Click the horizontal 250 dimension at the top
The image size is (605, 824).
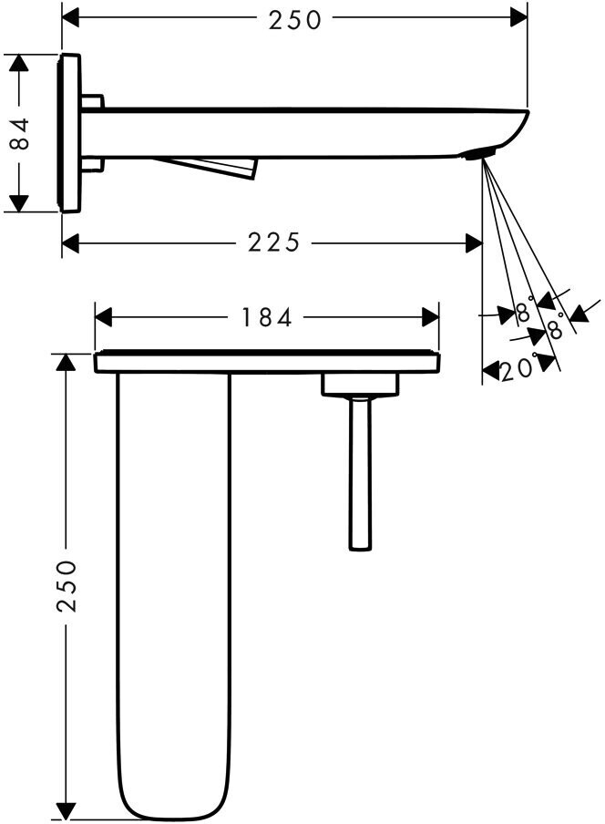click(x=295, y=19)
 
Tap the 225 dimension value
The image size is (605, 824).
click(x=272, y=242)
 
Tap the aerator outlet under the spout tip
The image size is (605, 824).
click(x=481, y=152)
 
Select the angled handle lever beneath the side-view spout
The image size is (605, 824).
click(x=210, y=166)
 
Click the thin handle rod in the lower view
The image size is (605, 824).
click(x=360, y=474)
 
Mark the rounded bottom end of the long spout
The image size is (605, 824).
click(x=173, y=802)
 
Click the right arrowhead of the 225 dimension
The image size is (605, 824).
click(x=473, y=242)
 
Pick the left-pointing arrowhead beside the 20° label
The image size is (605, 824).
click(x=490, y=370)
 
